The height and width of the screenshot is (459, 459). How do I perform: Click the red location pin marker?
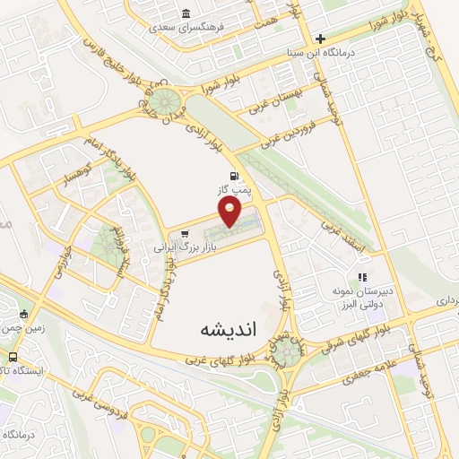pyautogui.click(x=230, y=212)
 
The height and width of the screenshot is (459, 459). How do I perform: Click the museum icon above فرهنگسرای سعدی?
pyautogui.click(x=186, y=13)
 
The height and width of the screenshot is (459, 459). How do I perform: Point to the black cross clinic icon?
pyautogui.click(x=320, y=39)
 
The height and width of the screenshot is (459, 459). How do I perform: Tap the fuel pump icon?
pyautogui.click(x=235, y=176)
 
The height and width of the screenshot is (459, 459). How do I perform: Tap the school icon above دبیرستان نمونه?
pyautogui.click(x=363, y=278)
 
